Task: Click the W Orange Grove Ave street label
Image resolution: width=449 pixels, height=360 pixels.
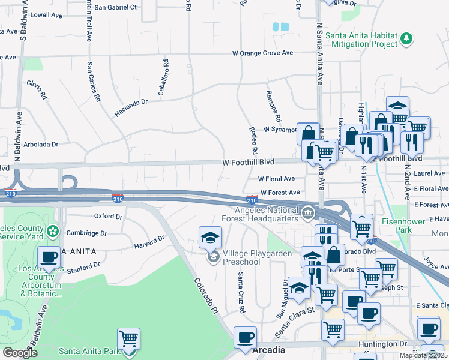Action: (x=263, y=53)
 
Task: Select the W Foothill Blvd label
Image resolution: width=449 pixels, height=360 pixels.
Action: (x=248, y=162)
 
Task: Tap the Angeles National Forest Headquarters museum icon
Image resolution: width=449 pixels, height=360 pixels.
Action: (x=307, y=212)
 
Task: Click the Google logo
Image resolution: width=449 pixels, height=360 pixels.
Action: (x=20, y=353)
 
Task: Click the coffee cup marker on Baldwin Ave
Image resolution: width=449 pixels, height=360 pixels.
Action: (x=49, y=259)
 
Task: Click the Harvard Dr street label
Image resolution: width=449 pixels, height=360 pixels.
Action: (x=149, y=241)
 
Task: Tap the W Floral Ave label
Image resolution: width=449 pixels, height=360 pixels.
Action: (x=276, y=179)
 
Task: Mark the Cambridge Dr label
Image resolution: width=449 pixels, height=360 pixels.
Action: (x=87, y=233)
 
